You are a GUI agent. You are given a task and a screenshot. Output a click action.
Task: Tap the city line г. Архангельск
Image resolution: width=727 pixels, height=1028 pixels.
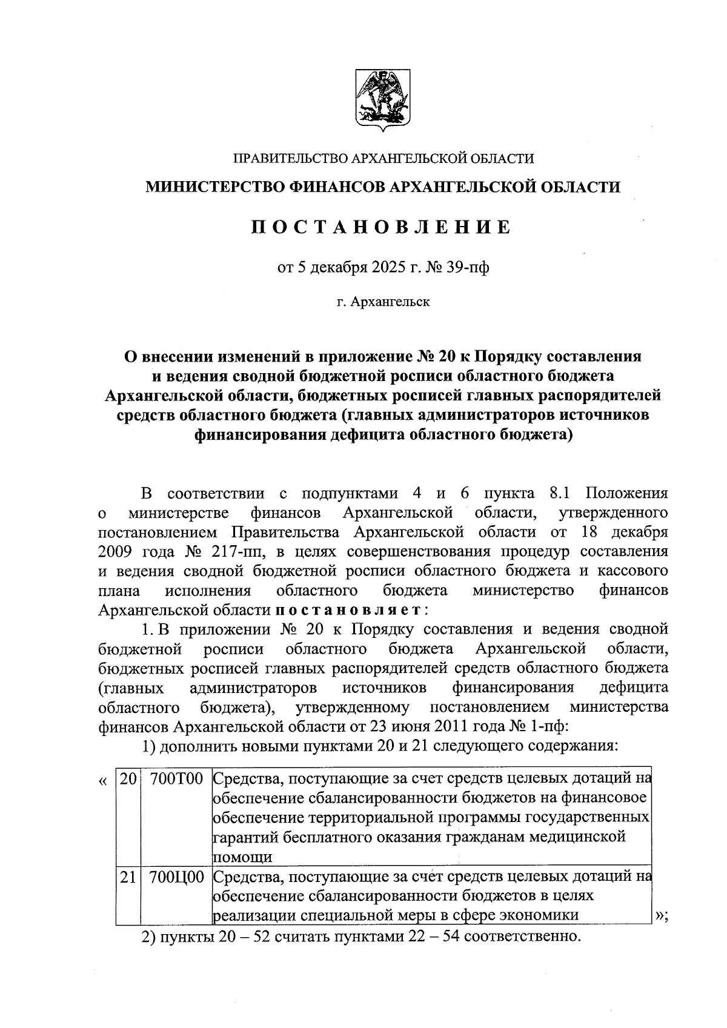point(383,301)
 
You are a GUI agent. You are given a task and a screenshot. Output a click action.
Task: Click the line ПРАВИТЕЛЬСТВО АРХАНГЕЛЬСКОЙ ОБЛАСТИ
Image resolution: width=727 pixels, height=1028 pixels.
point(383,159)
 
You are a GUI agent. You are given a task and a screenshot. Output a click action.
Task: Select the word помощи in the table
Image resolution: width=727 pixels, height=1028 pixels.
point(242,857)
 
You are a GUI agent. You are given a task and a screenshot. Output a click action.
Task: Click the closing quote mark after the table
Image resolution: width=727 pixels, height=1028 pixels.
point(660,916)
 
